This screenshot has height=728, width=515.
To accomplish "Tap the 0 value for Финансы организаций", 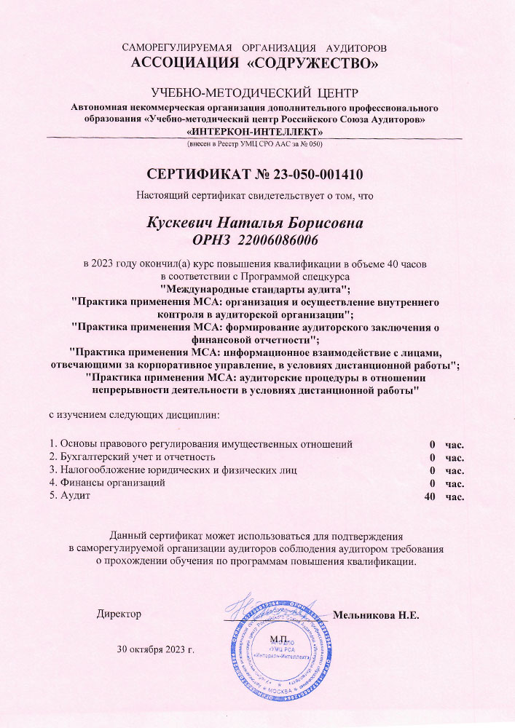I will pyautogui.click(x=432, y=483).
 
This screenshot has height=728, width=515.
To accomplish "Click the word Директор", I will pyautogui.click(x=119, y=614).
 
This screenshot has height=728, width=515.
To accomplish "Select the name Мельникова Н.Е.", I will pyautogui.click(x=377, y=615).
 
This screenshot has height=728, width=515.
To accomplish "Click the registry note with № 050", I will pyautogui.click(x=255, y=144).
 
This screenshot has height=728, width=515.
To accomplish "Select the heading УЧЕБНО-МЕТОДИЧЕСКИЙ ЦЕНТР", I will pyautogui.click(x=255, y=92).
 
